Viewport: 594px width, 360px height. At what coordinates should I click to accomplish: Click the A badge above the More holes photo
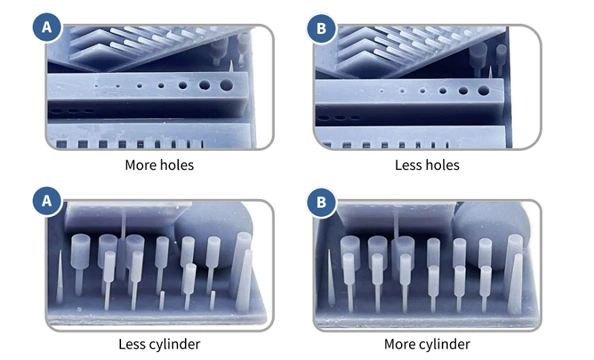point(47,27)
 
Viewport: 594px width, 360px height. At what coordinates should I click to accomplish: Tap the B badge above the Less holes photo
point(322,28)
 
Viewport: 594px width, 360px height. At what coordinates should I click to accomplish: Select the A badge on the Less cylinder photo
point(47,200)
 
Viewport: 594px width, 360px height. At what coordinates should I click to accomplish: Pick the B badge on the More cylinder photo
point(322,202)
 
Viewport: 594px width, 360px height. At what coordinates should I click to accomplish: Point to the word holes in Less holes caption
point(443,165)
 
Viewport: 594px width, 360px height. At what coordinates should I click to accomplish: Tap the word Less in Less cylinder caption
point(132,344)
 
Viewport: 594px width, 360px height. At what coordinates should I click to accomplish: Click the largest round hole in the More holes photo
point(226,85)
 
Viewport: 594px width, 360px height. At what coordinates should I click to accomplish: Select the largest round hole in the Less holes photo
point(483,90)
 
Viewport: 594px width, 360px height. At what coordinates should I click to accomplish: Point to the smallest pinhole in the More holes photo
point(97,86)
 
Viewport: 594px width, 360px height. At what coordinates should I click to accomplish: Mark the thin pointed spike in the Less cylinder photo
point(59,277)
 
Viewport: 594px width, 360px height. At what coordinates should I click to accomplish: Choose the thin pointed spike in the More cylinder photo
point(330,278)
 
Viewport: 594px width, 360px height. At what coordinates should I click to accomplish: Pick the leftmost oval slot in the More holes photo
point(56,111)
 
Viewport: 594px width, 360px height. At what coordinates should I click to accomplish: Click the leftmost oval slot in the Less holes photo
point(324,118)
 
